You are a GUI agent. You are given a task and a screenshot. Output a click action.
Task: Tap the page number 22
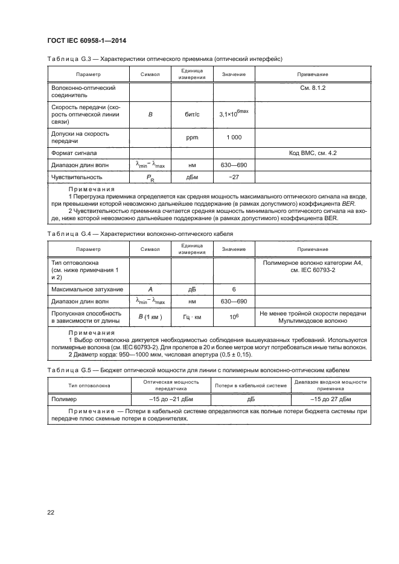coord(51,512)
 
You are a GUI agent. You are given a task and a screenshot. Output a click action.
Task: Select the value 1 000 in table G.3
coord(234,138)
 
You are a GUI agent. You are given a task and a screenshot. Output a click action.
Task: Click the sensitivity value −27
coord(234,177)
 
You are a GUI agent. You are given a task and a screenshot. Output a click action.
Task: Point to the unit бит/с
coord(192,113)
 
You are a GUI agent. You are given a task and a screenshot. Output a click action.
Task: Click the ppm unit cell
coord(192,138)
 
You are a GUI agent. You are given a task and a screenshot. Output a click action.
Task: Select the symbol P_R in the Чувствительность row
coord(150,177)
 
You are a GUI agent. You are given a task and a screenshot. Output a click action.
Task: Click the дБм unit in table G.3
coord(192,177)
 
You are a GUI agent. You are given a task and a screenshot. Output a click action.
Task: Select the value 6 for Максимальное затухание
coord(234,290)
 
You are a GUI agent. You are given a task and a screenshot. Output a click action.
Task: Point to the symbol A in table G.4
coord(150,290)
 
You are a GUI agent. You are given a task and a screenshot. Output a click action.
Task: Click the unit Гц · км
coord(192,317)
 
